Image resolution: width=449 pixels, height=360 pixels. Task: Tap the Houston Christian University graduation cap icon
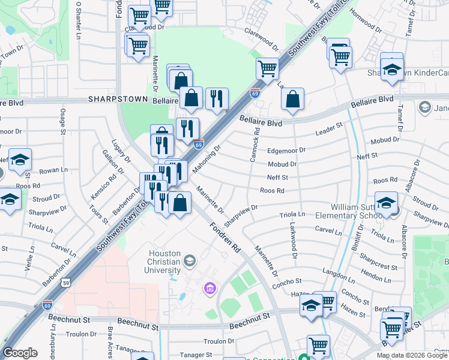pos(190,260)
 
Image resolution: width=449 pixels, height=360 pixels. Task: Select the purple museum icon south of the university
pos(209,290)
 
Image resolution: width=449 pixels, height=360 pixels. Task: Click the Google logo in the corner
pos(20,353)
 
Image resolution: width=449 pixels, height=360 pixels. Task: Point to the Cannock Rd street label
pos(256,143)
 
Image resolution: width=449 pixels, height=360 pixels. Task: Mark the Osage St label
pos(62,119)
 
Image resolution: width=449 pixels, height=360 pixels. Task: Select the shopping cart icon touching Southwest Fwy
pos(267,68)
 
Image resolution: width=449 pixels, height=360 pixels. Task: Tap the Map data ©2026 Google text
pos(412,355)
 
